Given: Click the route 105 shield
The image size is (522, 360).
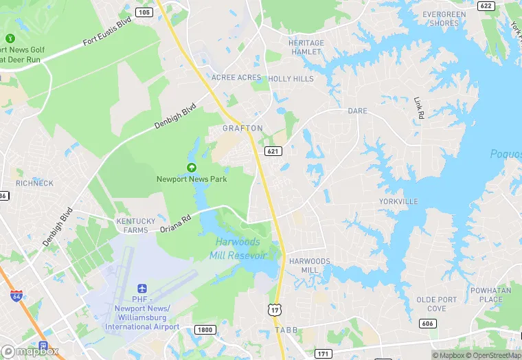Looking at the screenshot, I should pyautogui.click(x=144, y=12).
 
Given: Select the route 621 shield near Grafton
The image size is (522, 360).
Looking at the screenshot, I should pyautogui.click(x=273, y=150).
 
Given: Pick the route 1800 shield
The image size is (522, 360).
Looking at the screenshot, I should pyautogui.click(x=204, y=330).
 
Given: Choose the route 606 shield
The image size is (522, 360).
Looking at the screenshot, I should pyautogui.click(x=427, y=323).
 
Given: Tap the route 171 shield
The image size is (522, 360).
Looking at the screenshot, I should pyautogui.click(x=322, y=353).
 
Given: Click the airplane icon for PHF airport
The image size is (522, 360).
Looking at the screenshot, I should pyautogui.click(x=142, y=289).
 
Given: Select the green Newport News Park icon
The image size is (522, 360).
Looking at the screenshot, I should pyautogui.click(x=191, y=167).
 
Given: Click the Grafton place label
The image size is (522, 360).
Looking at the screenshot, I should pyautogui.click(x=242, y=128).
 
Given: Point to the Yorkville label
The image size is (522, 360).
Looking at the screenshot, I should pyautogui.click(x=398, y=202).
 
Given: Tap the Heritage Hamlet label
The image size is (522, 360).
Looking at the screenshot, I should pyautogui.click(x=306, y=47).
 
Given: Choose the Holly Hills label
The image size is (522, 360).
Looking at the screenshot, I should pyautogui.click(x=291, y=79).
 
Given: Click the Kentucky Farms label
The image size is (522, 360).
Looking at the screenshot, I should pyautogui.click(x=136, y=225).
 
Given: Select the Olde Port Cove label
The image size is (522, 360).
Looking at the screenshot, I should pyautogui.click(x=436, y=304).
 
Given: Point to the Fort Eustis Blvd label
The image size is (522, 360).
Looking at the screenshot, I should pyautogui.click(x=106, y=32).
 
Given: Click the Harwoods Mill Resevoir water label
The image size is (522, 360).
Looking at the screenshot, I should pyautogui.click(x=238, y=249).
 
